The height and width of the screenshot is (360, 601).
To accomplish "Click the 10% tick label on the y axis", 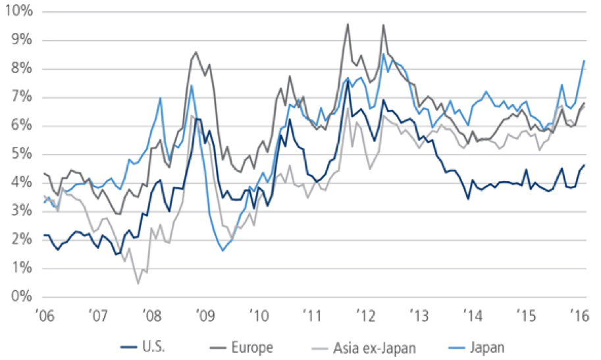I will pos(19,13).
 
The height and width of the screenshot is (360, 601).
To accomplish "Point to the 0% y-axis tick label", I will pos(22,297).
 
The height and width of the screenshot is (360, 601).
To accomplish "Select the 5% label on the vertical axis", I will pos(22,155).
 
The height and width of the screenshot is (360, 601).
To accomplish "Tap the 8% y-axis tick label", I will pos(22,69).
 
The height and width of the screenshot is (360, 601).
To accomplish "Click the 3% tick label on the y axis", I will pos(22,211).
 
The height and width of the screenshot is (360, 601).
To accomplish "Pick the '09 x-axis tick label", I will pos(208,315).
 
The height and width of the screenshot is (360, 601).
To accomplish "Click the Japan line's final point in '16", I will pos(585,61).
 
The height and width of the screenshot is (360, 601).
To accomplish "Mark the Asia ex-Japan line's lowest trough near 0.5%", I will pos(138,283).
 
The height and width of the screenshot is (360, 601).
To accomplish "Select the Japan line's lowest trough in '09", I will pos(223,251).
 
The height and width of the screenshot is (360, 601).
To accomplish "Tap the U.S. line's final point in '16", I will pos(585,165).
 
